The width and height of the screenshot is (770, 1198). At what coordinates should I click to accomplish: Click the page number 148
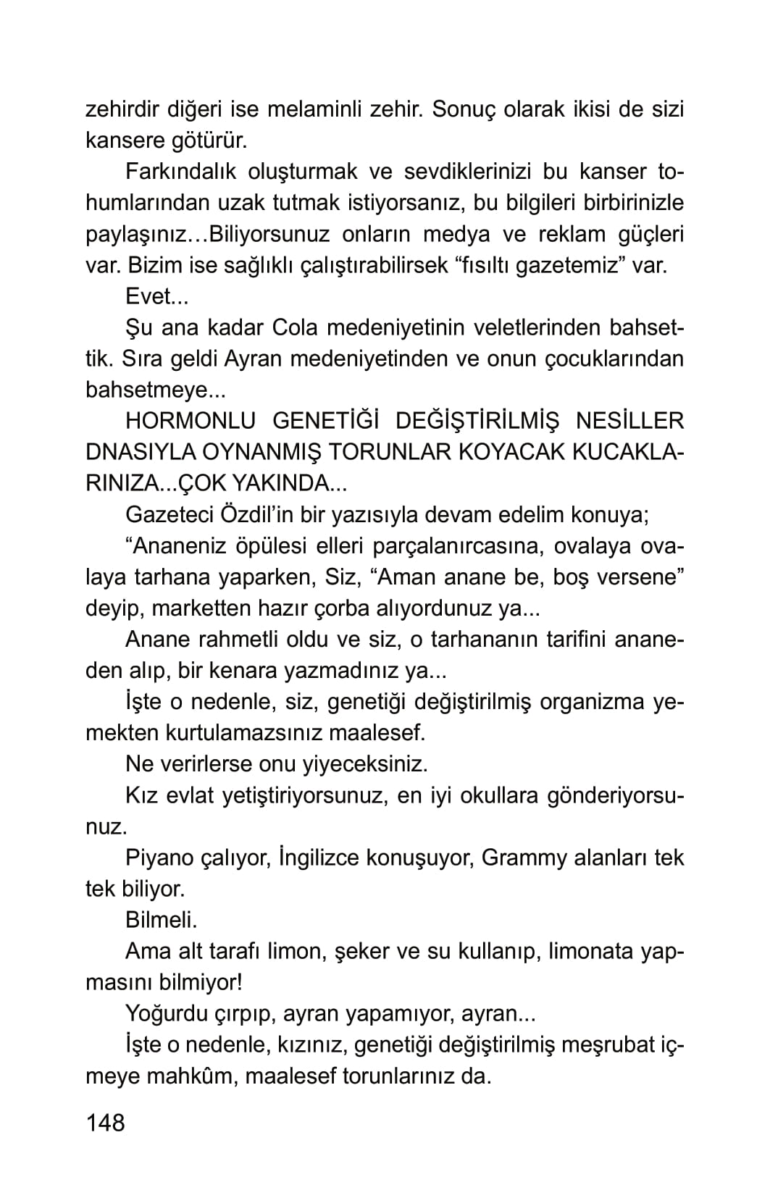(105, 1122)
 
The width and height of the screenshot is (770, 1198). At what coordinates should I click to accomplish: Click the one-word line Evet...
(156, 296)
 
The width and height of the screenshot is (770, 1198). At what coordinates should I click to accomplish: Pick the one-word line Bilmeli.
(161, 920)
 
